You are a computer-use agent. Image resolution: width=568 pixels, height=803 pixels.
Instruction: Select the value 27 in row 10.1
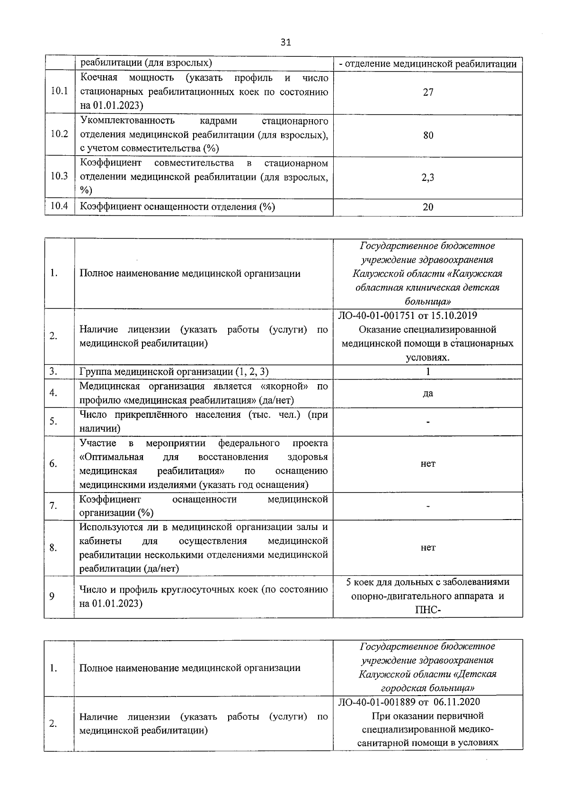(428, 92)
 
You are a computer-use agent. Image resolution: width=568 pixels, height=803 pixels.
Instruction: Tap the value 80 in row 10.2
(428, 135)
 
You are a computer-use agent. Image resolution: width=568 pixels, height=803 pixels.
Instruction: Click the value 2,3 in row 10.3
(428, 177)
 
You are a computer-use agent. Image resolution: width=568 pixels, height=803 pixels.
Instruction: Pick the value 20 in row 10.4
(428, 207)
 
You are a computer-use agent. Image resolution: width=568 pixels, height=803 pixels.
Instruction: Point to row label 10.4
(59, 206)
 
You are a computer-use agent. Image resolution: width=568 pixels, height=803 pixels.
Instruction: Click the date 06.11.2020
(457, 702)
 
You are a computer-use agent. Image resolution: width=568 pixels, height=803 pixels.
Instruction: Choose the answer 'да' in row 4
(428, 393)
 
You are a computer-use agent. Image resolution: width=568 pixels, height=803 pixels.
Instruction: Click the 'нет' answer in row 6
(428, 464)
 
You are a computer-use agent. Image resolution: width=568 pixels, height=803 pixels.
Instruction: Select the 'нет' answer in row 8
(428, 547)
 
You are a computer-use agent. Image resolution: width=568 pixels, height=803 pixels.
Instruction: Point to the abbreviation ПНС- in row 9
(428, 610)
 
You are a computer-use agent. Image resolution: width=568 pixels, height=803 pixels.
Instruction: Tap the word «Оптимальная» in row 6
(112, 457)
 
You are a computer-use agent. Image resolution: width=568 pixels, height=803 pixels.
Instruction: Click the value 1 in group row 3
(428, 371)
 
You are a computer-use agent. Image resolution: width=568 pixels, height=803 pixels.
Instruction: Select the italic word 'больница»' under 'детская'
(428, 301)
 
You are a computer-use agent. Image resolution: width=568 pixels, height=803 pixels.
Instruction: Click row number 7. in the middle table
(53, 506)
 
